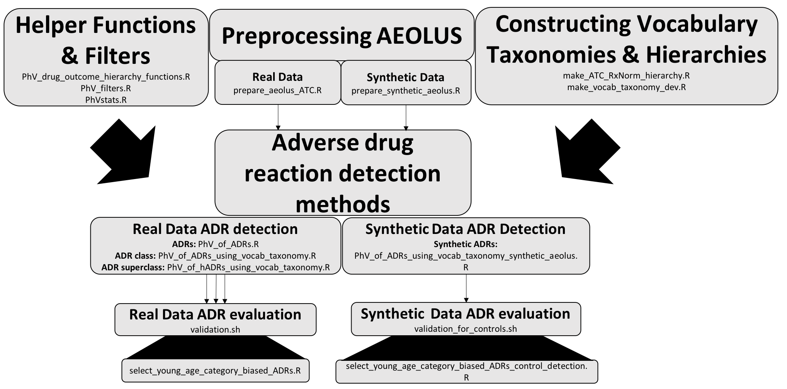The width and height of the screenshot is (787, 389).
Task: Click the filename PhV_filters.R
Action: coord(105,89)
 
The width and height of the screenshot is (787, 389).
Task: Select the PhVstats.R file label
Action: coord(105,100)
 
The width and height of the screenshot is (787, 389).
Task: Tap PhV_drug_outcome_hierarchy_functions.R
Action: coord(105,77)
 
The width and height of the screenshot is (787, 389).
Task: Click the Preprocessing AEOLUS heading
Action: coord(342,36)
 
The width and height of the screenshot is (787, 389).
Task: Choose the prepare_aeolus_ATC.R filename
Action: coord(277,90)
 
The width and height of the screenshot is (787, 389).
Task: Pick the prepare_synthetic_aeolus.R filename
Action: coord(406,91)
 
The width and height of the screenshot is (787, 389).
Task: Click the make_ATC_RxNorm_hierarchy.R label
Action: coord(626,76)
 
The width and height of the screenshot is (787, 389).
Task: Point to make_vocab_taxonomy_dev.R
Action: coord(626,87)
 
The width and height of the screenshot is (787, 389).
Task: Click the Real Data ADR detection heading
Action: coord(215,229)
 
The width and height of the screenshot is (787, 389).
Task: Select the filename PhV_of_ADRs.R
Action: coord(228,244)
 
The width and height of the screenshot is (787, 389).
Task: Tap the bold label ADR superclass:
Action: coord(133,268)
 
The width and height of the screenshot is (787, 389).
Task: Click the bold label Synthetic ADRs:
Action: coord(466,244)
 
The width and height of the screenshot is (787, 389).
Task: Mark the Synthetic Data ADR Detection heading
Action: coord(466,229)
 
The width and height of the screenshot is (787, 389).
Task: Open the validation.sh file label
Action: coord(215,330)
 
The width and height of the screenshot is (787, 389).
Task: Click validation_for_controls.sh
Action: coord(466,329)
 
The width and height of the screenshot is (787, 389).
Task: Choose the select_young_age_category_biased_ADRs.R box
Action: coord(215,371)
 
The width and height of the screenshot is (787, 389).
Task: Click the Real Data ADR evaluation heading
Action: coord(215,314)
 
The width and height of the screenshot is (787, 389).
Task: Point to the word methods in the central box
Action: coord(343,204)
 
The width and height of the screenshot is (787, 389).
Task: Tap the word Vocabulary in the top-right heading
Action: coord(697,24)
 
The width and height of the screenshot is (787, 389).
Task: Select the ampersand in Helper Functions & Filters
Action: coord(70,56)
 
